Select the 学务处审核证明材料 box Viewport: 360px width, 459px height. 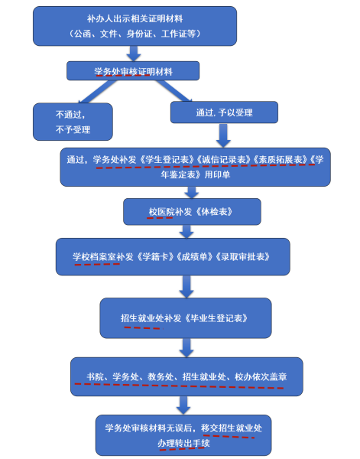(x=133, y=71)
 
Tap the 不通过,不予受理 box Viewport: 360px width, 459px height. (x=73, y=120)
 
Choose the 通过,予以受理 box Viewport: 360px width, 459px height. (x=222, y=113)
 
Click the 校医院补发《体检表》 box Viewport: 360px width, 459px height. (x=193, y=211)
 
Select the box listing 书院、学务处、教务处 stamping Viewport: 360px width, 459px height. (x=186, y=376)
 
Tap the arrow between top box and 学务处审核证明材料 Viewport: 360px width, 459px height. (x=133, y=53)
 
